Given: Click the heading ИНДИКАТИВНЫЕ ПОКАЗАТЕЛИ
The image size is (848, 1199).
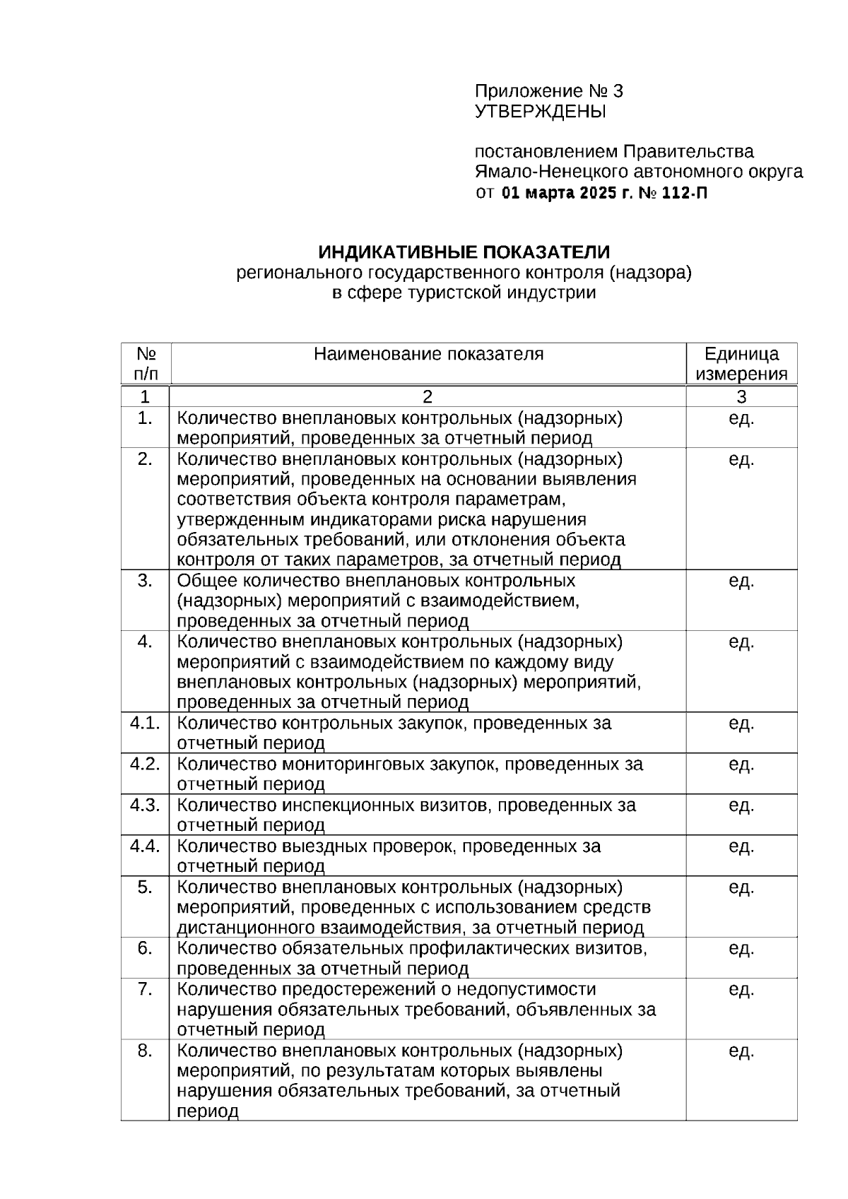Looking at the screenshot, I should (464, 252).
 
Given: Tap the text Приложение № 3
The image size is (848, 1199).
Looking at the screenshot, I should (548, 91).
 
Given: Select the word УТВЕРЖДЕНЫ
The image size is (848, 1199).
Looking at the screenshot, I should (540, 112).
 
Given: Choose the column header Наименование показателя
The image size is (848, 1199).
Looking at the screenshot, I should (428, 354).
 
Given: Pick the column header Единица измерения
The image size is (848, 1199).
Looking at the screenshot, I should (741, 364).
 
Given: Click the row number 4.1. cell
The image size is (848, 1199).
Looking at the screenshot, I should (145, 723).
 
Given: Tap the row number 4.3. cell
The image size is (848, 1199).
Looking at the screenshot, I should (145, 805).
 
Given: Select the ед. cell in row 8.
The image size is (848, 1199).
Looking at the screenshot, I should (741, 1051).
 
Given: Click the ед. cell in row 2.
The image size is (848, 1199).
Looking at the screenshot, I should (741, 459).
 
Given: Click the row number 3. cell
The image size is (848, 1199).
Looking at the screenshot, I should (145, 581).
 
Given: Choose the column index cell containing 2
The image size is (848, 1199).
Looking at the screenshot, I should (428, 396).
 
